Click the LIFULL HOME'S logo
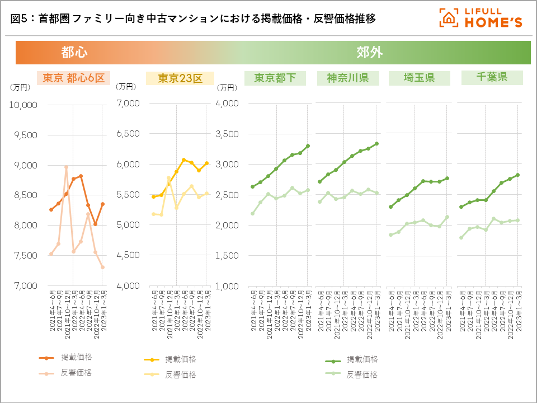tap(481, 18)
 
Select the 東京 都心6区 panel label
tap(73, 78)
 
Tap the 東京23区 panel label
tap(180, 78)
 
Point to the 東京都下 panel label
tap(275, 78)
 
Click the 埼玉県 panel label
tap(419, 78)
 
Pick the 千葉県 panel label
tap(492, 77)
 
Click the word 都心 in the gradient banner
tap(74, 53)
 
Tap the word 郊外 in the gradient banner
tap(370, 53)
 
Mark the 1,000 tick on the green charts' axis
tap(227, 286)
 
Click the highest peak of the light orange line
tap(66, 167)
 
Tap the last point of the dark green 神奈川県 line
tap(376, 143)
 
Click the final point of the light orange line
tap(103, 267)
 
